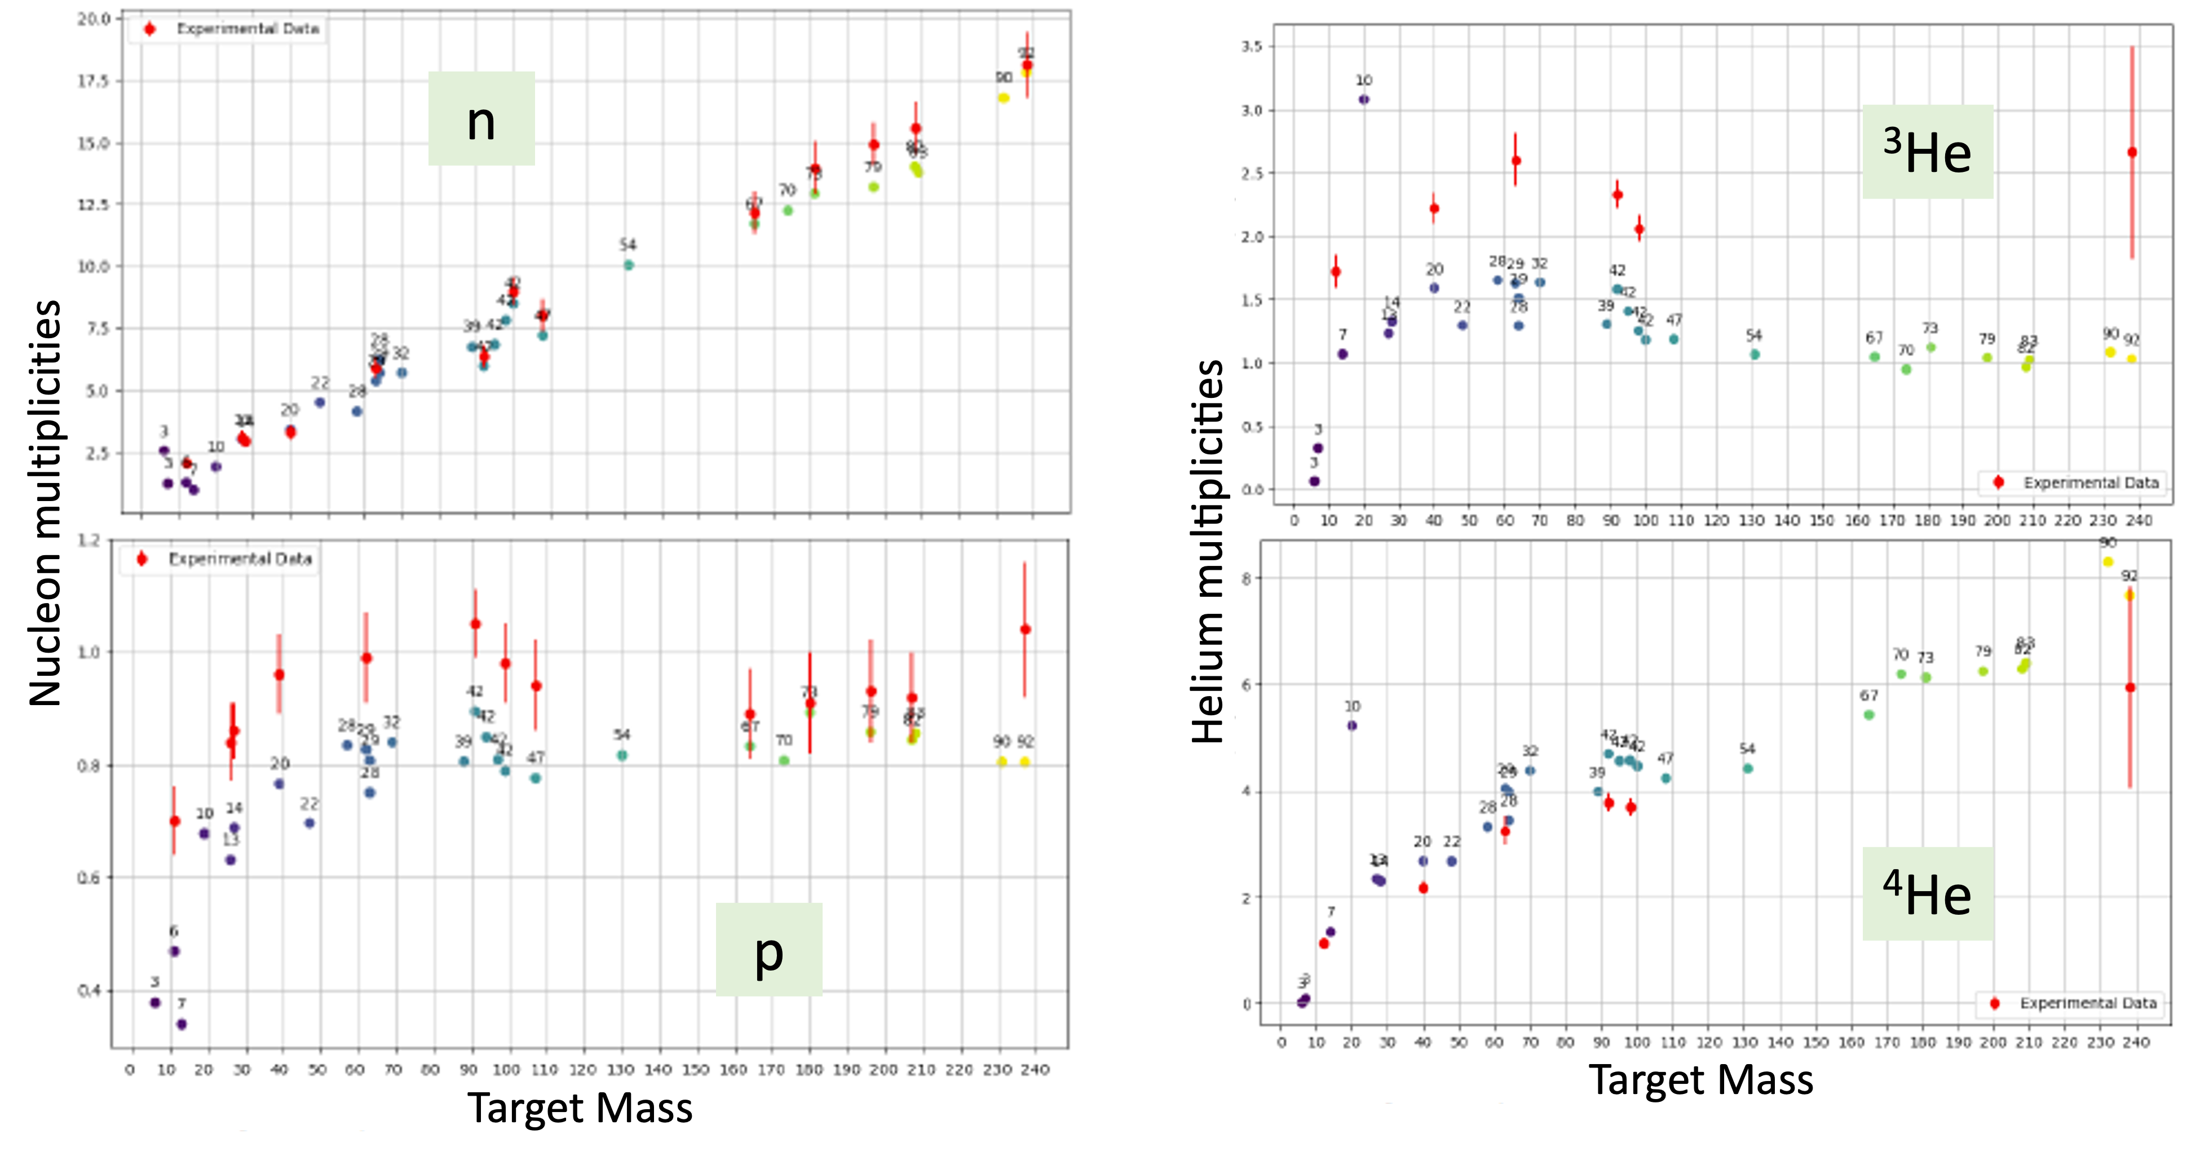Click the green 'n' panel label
(x=481, y=118)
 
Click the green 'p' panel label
(x=768, y=949)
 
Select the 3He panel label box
(x=1927, y=152)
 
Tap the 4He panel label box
(x=1927, y=893)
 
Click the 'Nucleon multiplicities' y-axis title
(x=45, y=503)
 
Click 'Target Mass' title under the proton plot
(x=580, y=1107)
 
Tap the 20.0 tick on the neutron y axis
(x=94, y=19)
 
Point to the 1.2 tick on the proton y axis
(x=89, y=540)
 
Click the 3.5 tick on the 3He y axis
(x=1252, y=46)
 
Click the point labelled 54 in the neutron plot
(x=629, y=265)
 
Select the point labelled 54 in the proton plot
(x=622, y=755)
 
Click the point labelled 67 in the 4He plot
(x=1870, y=715)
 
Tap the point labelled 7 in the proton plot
(x=182, y=1024)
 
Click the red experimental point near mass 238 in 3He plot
(x=2132, y=153)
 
